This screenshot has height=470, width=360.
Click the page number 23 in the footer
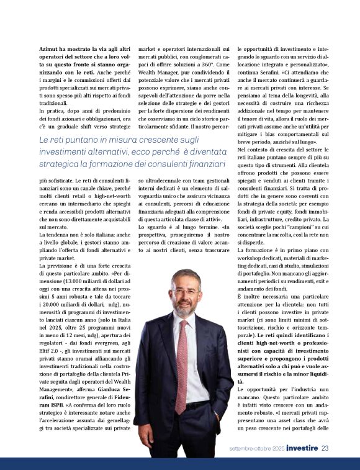(325, 448)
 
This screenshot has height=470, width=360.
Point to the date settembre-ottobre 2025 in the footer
(256, 448)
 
